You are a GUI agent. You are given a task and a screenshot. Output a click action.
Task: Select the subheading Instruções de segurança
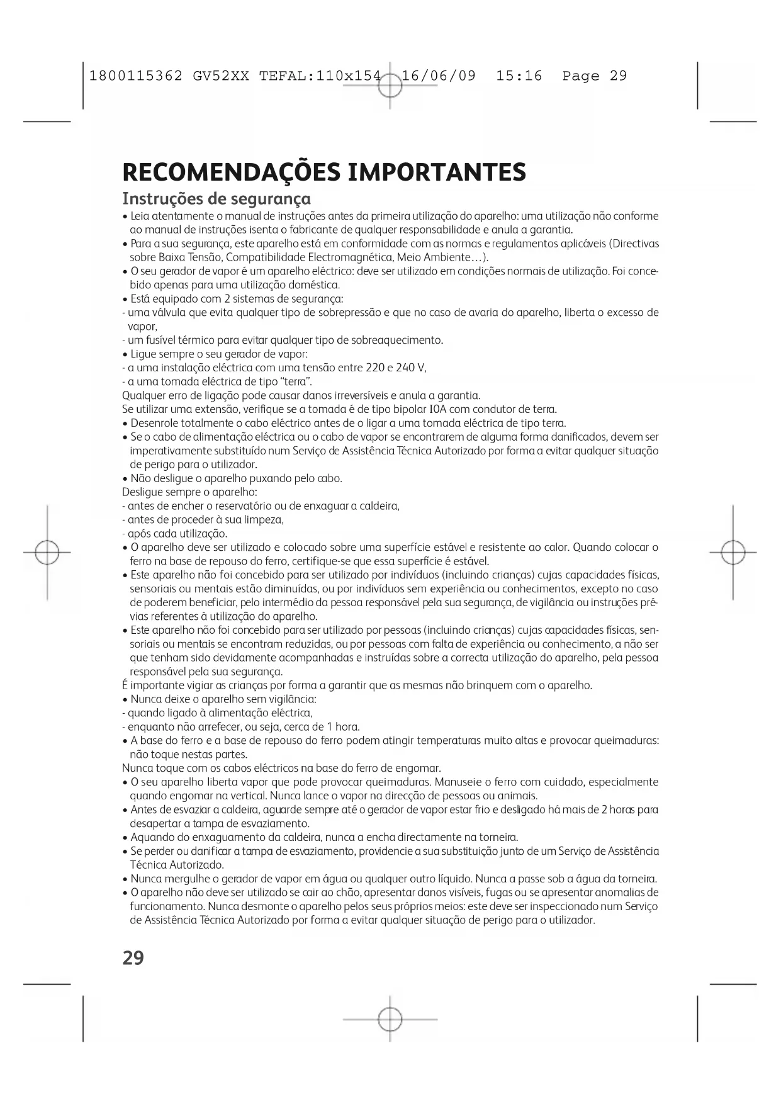pyautogui.click(x=216, y=199)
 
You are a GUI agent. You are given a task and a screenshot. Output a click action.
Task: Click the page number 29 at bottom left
pyautogui.click(x=133, y=959)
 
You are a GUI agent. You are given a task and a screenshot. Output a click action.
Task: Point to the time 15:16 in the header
pyautogui.click(x=519, y=76)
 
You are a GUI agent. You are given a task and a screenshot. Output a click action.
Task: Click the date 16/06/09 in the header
pyautogui.click(x=439, y=76)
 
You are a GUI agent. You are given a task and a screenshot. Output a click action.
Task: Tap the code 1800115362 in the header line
pyautogui.click(x=137, y=76)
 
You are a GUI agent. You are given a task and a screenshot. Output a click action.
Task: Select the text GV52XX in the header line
pyautogui.click(x=221, y=76)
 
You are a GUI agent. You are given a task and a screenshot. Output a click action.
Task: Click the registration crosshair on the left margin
pyautogui.click(x=47, y=552)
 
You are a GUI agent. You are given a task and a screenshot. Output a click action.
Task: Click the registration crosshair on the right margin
pyautogui.click(x=733, y=552)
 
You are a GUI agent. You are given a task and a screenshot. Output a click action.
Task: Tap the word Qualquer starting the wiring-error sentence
pyautogui.click(x=142, y=395)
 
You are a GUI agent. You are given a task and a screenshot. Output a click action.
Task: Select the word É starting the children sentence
pyautogui.click(x=125, y=685)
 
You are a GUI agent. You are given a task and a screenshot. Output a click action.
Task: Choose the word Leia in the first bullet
pyautogui.click(x=140, y=216)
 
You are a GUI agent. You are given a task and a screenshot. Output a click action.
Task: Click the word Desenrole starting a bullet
pyautogui.click(x=155, y=423)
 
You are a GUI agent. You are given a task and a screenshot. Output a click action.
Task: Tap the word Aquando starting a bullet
pyautogui.click(x=150, y=837)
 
